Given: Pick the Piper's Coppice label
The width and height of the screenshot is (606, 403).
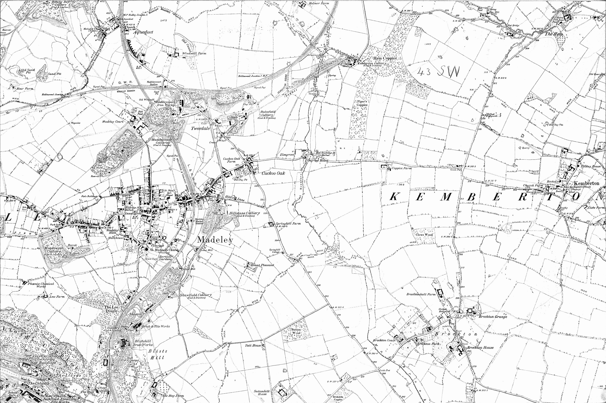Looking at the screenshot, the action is point(362,103).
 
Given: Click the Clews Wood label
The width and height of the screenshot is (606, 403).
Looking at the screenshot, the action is point(425,235).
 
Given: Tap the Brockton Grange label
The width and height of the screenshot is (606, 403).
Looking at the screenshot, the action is point(493,317).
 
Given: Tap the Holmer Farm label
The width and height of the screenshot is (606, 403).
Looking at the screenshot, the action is point(320,3).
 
